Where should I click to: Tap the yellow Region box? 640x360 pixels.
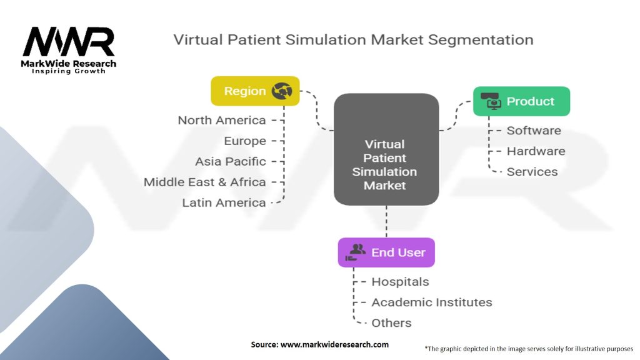click(255, 91)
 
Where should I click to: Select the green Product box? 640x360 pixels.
click(521, 101)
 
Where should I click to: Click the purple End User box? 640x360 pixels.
click(386, 252)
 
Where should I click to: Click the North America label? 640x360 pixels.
click(222, 120)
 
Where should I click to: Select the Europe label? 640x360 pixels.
click(245, 141)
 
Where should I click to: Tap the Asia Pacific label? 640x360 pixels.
click(230, 161)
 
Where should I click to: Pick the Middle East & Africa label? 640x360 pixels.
click(205, 182)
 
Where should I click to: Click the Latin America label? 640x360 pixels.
click(224, 202)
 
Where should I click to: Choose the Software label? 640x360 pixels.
click(534, 131)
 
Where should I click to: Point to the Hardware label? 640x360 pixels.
click(536, 151)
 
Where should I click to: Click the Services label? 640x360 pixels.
click(532, 172)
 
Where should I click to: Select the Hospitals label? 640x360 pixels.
click(400, 282)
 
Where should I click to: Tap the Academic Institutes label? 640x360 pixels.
click(432, 302)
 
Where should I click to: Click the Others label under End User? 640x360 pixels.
click(391, 323)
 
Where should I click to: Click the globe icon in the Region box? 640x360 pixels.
click(282, 91)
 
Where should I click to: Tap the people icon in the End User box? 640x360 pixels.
click(357, 252)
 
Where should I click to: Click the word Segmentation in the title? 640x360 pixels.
click(482, 40)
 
